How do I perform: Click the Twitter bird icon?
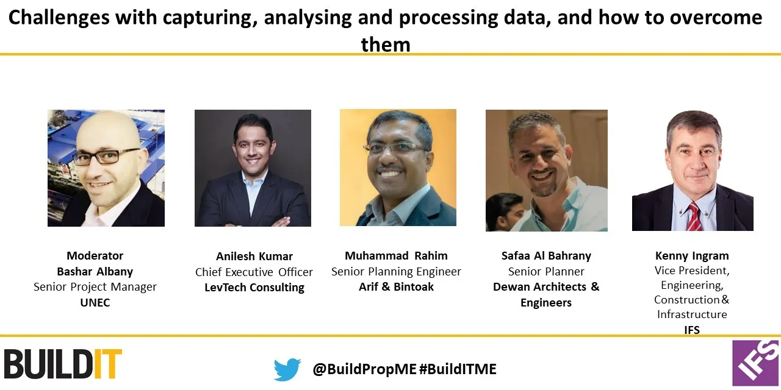point(287,369)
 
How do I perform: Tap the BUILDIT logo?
point(63,364)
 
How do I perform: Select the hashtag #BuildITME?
point(458,369)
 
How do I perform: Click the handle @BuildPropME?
point(364,369)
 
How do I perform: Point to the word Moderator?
point(95,256)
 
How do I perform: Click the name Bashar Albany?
point(95,272)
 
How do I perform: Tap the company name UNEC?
point(95,302)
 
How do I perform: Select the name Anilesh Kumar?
point(254,257)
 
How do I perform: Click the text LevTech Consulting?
point(254,288)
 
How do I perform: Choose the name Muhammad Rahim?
point(396,256)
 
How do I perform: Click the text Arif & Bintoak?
point(396,286)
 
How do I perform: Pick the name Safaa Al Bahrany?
point(546,256)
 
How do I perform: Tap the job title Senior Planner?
point(546,272)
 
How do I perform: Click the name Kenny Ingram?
point(692,256)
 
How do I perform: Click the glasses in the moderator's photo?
point(106,157)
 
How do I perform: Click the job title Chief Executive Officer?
point(254,272)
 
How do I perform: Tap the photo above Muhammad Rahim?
point(398,168)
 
